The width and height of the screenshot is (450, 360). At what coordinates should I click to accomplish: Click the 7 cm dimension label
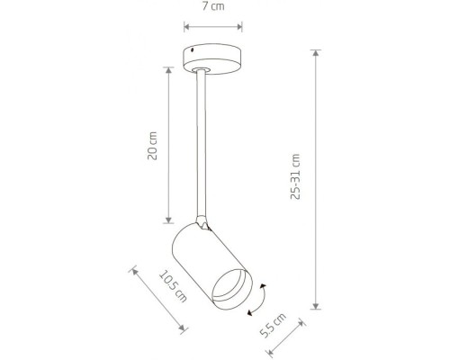coord(213,6)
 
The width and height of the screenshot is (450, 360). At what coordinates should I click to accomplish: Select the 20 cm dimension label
coord(152,146)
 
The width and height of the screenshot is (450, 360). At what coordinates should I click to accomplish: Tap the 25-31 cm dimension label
coord(295,176)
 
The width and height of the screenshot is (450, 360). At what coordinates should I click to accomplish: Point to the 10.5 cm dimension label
coord(173,286)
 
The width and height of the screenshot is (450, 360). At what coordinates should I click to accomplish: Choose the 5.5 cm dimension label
coord(273,325)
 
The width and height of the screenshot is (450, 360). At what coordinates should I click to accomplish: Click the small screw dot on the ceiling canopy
coord(193,50)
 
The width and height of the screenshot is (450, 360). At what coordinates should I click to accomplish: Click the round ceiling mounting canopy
coord(212,58)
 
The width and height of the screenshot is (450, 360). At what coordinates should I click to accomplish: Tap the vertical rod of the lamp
coord(201,144)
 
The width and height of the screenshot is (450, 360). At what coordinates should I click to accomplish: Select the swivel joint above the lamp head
coord(202,222)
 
